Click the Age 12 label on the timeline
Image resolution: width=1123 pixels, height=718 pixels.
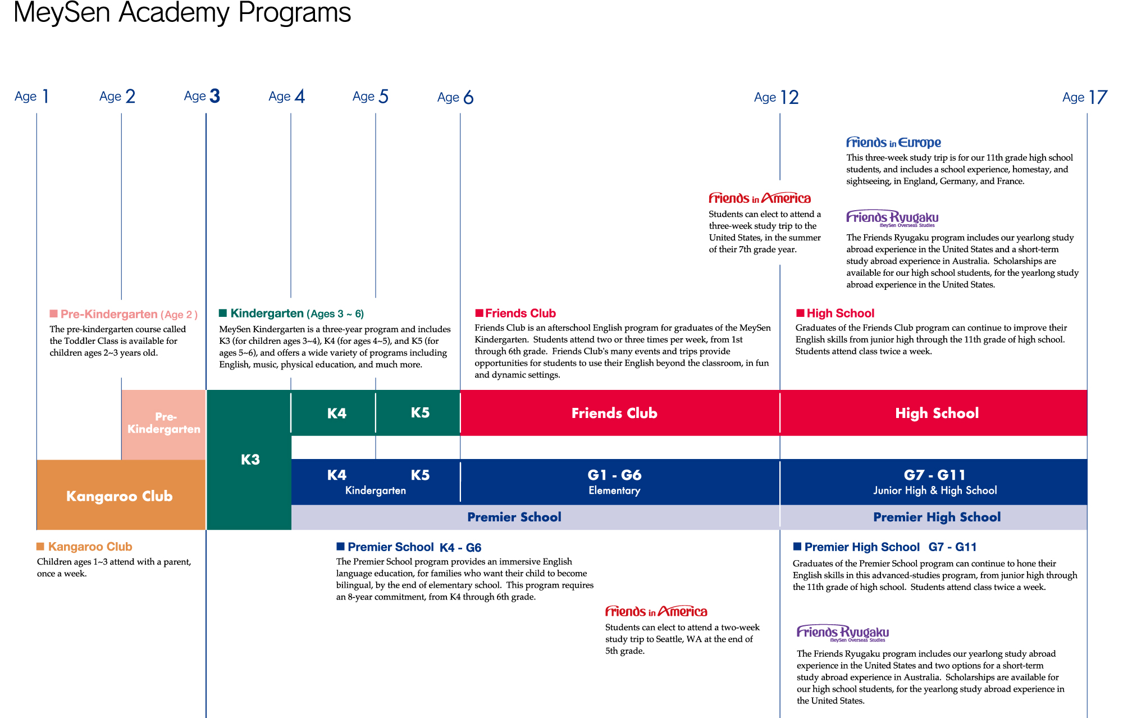[x=776, y=97]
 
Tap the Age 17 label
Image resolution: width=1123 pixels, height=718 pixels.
[x=1084, y=97]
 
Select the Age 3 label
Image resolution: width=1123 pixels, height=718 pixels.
[x=202, y=96]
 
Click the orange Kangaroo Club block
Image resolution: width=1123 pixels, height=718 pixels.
[x=120, y=496]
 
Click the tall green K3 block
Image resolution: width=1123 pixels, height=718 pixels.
[x=249, y=460]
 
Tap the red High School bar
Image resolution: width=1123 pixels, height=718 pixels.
[x=936, y=413]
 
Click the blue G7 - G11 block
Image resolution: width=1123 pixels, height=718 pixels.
[x=934, y=481]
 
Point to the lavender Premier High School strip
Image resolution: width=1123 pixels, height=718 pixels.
[x=936, y=517]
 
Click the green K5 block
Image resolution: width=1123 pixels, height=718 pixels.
[x=419, y=413]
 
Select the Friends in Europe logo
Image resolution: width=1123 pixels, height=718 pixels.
[x=893, y=142]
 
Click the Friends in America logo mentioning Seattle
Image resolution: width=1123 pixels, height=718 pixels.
[x=656, y=611]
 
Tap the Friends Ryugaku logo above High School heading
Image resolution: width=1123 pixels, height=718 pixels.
[x=892, y=218]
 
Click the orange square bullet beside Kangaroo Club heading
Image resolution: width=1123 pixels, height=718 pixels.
[x=40, y=547]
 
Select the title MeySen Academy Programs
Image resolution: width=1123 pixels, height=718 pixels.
[x=182, y=12]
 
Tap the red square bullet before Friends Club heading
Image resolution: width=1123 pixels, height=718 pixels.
[x=479, y=313]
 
